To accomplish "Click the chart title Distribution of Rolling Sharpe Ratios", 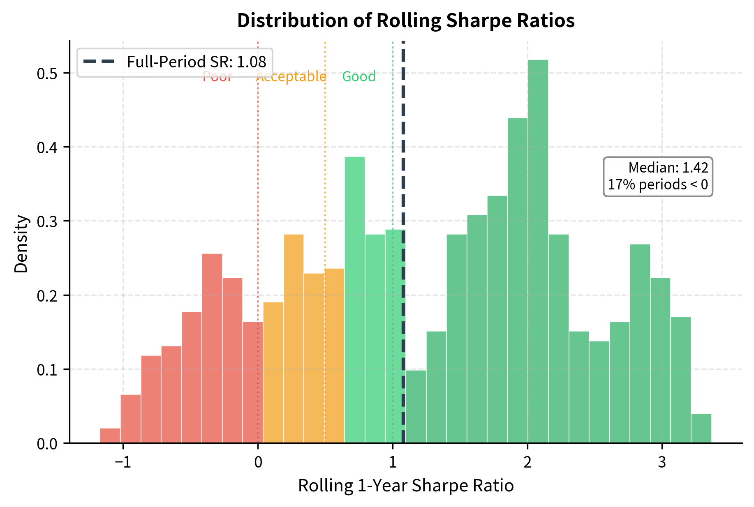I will (406, 21).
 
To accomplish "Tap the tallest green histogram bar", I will (538, 251).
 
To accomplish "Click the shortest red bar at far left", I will (110, 436).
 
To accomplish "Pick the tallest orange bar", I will (294, 339).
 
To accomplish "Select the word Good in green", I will (359, 76).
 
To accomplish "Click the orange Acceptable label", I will (291, 76).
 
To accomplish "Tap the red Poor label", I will (217, 77).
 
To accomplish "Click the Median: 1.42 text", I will (668, 168).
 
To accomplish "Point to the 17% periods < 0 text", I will (658, 184).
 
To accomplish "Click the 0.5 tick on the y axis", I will (49, 74).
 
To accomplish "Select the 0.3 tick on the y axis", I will (49, 221).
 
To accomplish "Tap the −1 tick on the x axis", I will (123, 462).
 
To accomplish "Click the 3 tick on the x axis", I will (661, 462).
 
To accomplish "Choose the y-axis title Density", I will (21, 244).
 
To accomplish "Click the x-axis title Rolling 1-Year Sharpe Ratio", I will (406, 486).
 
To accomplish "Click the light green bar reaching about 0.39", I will (354, 300).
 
